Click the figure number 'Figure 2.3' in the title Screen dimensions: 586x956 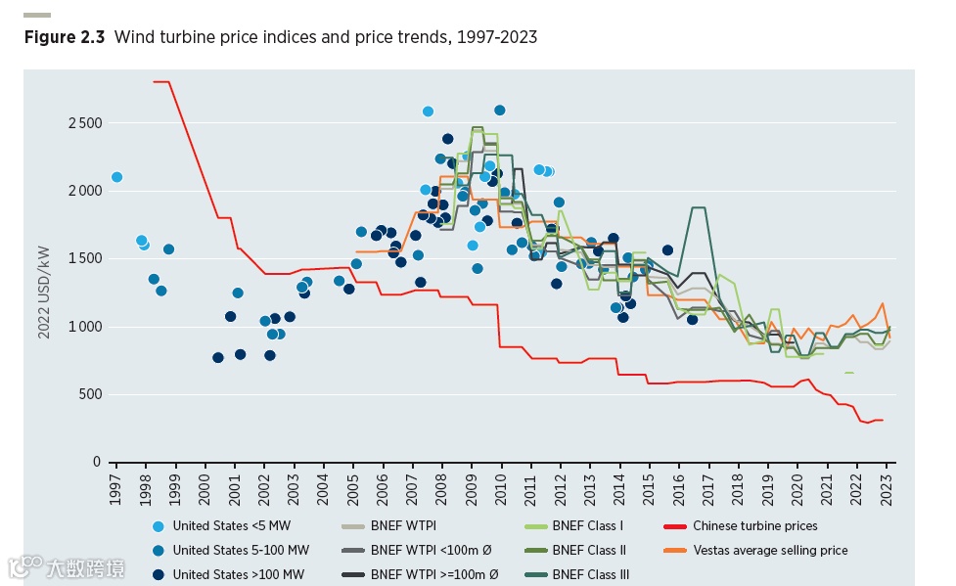coord(65,37)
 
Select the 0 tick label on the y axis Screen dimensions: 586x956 coord(97,462)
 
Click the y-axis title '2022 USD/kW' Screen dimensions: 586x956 coord(44,293)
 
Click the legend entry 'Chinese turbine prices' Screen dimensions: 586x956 coord(754,525)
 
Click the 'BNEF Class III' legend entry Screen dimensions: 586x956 coord(591,574)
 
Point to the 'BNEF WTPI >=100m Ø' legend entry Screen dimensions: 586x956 coord(433,574)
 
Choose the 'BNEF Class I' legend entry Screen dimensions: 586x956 coord(587,525)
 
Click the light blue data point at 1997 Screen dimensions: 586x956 coord(116,177)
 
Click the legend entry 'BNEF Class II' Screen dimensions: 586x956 coord(589,550)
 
